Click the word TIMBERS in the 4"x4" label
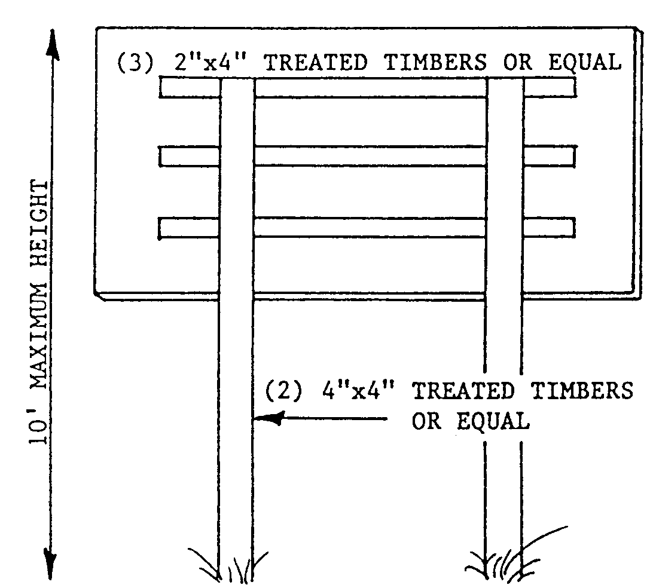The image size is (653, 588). (582, 391)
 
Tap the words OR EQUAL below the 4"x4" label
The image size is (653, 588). (470, 421)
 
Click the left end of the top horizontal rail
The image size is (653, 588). (161, 87)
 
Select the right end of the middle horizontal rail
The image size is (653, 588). (573, 156)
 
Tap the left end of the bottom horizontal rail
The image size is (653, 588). (161, 228)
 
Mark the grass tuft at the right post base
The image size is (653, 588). (508, 559)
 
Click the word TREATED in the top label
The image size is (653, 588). (316, 63)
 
